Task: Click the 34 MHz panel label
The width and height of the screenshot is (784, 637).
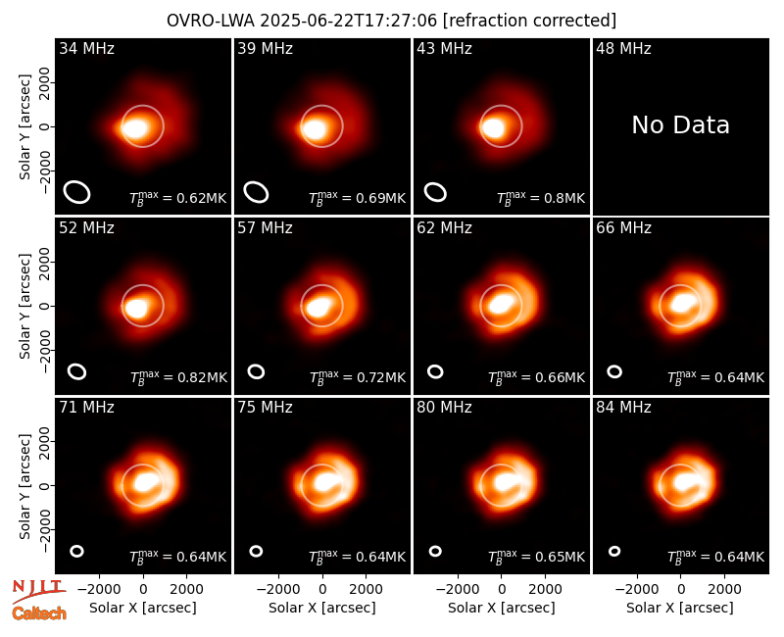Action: click(x=86, y=48)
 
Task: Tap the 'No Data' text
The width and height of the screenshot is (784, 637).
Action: click(x=680, y=125)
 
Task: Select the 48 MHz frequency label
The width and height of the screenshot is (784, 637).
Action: click(x=623, y=48)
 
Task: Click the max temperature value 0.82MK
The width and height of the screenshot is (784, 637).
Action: click(x=202, y=377)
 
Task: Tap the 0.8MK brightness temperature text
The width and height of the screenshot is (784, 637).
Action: click(x=564, y=199)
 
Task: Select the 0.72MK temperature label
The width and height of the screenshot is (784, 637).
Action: click(x=380, y=377)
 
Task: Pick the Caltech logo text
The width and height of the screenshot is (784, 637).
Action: click(x=39, y=613)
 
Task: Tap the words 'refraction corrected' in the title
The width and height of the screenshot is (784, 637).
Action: click(x=529, y=21)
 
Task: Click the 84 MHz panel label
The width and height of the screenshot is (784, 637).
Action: click(x=623, y=408)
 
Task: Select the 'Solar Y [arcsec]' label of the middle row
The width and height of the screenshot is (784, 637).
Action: click(x=24, y=306)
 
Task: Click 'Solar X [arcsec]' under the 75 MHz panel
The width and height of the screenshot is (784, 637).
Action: click(x=322, y=608)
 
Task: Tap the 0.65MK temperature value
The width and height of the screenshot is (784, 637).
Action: click(x=560, y=557)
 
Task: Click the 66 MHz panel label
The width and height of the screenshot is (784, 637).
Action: click(x=623, y=228)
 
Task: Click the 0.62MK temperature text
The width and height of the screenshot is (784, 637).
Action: click(x=202, y=199)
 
